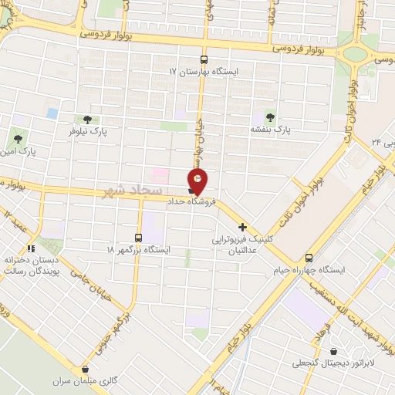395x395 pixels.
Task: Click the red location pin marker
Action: [x=199, y=180]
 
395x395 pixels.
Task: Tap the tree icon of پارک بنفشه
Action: [x=270, y=117]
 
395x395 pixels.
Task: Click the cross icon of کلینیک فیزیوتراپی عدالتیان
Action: [x=243, y=227]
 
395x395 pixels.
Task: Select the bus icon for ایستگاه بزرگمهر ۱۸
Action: [x=139, y=238]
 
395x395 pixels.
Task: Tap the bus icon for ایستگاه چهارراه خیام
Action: [x=309, y=258]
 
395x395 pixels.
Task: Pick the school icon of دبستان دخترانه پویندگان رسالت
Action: [x=31, y=248]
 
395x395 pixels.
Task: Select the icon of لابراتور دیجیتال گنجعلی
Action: [x=333, y=351]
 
